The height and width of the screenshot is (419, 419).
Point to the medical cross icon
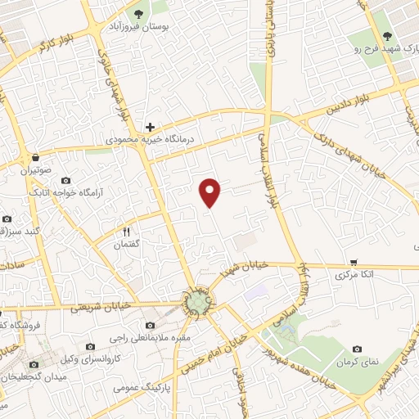click(150, 127)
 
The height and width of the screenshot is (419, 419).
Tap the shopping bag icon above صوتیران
click(35, 157)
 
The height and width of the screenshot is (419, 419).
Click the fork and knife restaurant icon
click(127, 232)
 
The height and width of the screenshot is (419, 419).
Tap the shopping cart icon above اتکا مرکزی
click(354, 264)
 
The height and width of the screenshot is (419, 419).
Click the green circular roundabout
click(196, 303)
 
